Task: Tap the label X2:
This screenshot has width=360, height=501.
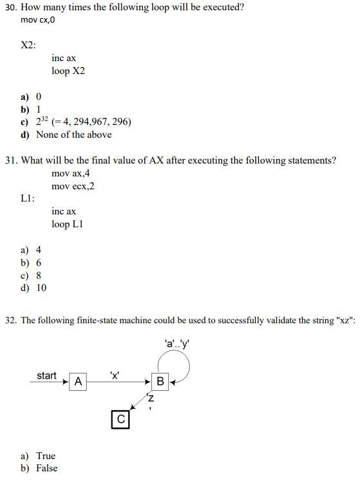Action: click(28, 45)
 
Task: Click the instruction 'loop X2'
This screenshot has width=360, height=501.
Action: click(68, 71)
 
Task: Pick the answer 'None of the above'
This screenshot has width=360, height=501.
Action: click(73, 135)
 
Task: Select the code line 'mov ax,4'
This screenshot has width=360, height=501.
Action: click(71, 173)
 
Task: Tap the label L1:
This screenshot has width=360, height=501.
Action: click(28, 199)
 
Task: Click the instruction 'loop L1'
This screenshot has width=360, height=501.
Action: click(68, 224)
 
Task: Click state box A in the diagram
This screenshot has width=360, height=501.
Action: click(78, 381)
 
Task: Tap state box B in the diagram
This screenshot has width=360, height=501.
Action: click(160, 381)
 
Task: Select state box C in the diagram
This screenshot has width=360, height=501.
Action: click(119, 420)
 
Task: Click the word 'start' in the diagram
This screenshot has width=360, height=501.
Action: click(46, 375)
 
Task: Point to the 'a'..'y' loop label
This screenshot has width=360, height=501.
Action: click(177, 344)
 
